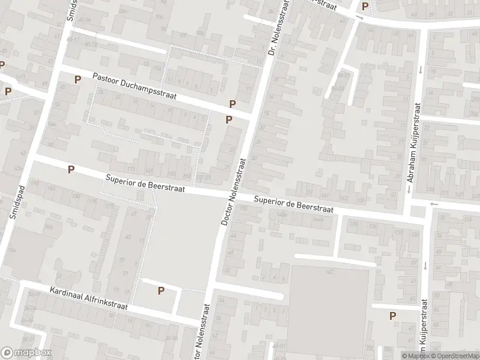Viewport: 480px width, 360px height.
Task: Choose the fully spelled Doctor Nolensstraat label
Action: point(234,191)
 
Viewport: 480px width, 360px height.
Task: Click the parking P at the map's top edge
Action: point(365,7)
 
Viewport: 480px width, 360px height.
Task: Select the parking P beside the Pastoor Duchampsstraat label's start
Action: point(77,79)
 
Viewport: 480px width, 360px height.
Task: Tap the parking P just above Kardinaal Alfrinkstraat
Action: point(160,291)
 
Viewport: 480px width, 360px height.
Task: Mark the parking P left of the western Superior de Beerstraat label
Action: point(71,170)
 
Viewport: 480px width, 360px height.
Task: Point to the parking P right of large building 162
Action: point(392,316)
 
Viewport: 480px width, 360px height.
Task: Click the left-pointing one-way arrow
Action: point(434,203)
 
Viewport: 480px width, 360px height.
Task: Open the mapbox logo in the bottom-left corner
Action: point(26,353)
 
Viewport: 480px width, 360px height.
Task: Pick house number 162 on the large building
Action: point(329,273)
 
